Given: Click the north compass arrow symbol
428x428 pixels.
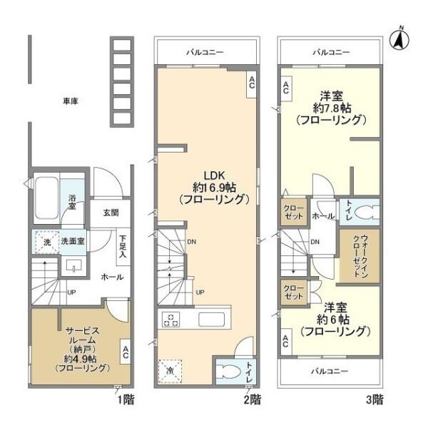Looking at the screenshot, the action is tap(399, 39).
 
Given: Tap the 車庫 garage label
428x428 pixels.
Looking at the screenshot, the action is tap(71, 101).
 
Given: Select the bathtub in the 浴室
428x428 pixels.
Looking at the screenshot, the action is tap(46, 198).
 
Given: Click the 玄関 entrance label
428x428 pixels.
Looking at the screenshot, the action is tap(111, 213).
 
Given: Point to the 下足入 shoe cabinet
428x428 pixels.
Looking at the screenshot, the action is tap(123, 247).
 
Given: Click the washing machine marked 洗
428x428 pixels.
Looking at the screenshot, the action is tap(47, 242).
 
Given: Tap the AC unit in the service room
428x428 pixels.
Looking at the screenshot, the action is tap(126, 352).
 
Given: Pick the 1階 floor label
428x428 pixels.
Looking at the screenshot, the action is tap(126, 400).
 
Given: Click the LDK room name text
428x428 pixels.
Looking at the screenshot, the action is tap(214, 175).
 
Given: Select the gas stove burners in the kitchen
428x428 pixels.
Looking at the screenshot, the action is tap(171, 320).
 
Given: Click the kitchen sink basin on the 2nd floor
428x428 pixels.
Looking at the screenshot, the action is tap(212, 320).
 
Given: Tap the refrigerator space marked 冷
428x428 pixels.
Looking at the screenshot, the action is tap(170, 371).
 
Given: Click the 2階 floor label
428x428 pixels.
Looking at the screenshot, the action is tap(253, 400).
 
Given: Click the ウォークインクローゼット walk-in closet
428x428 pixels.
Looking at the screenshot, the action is tap(360, 256).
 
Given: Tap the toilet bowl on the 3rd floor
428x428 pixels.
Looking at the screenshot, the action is tap(367, 213).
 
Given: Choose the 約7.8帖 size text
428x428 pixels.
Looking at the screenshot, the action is tap(332, 108).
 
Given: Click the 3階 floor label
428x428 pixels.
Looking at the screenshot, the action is tap(374, 400).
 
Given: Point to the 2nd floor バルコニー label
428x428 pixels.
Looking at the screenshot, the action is tap(205, 52).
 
